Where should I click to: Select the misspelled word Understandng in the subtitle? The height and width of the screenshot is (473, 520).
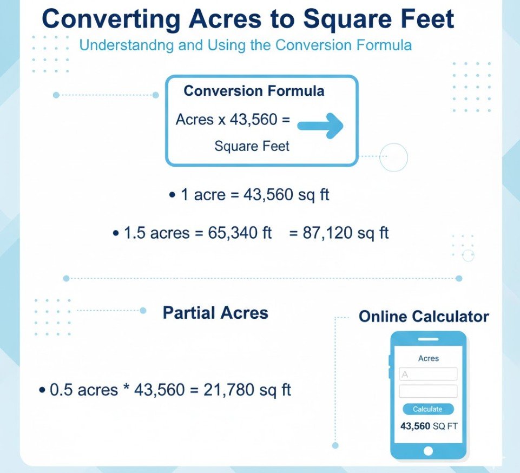click(x=127, y=45)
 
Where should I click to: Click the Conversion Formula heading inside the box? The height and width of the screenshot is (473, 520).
click(x=254, y=90)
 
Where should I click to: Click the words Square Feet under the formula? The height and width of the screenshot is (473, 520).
click(x=252, y=146)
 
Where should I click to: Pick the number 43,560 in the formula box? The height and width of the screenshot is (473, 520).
click(x=253, y=120)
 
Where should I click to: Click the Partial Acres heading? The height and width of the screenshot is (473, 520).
click(x=215, y=313)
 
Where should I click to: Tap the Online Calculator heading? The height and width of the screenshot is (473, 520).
click(x=424, y=317)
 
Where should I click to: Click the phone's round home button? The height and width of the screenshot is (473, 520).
click(x=429, y=450)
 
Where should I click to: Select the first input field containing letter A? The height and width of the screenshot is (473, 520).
click(x=427, y=374)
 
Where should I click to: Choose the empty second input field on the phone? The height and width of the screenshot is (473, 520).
click(x=427, y=391)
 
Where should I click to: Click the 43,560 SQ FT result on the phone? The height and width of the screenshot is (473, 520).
click(x=429, y=426)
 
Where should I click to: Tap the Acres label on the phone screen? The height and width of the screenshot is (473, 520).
click(x=429, y=358)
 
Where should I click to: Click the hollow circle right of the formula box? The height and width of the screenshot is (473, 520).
click(x=393, y=157)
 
